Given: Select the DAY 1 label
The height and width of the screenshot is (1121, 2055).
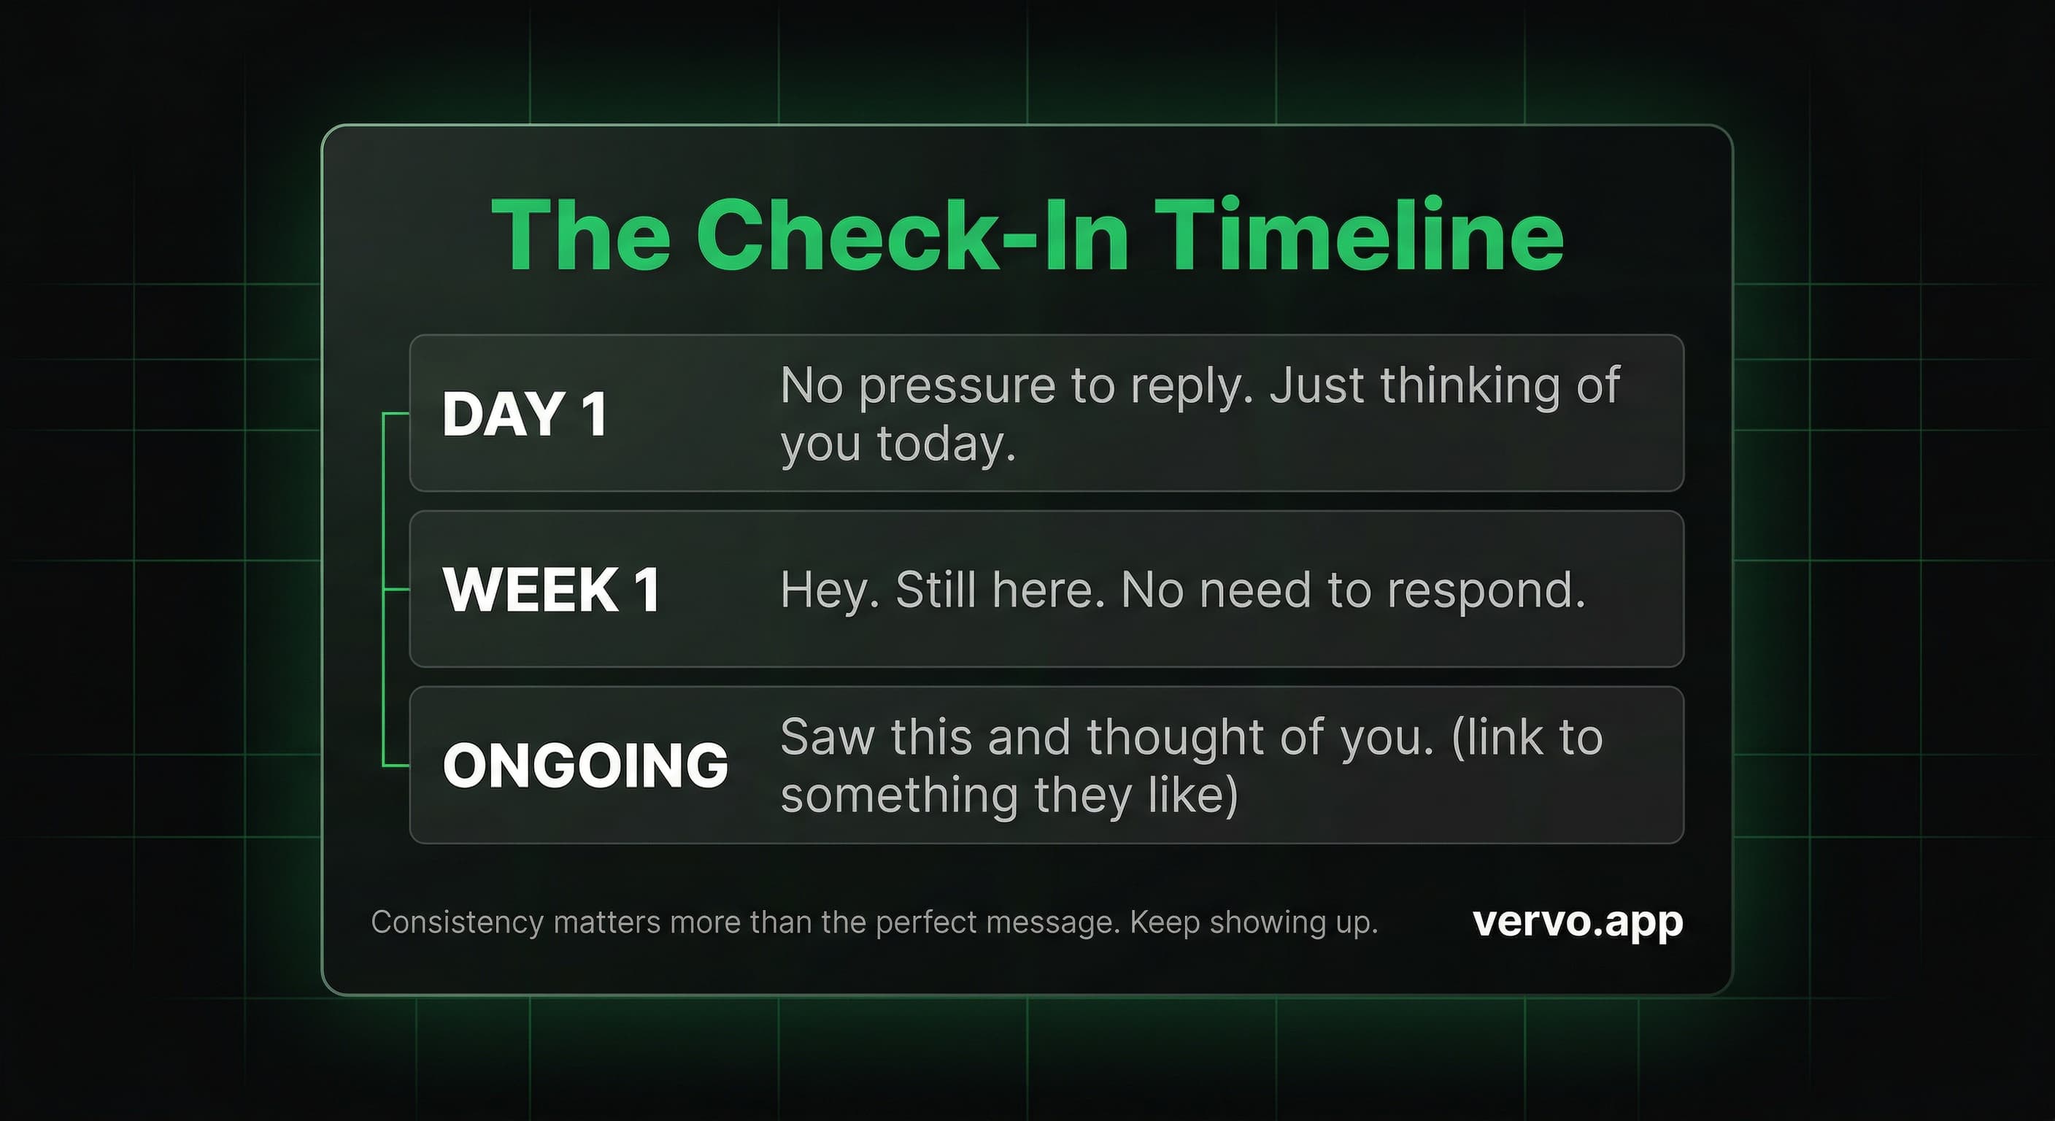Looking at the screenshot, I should [525, 414].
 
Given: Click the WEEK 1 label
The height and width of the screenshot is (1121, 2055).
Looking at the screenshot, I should [551, 590].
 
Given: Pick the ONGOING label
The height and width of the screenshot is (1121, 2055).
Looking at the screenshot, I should [585, 765].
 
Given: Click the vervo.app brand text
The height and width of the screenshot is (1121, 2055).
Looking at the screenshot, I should [1577, 923].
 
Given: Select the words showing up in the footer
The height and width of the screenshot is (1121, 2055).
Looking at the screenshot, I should [1292, 923].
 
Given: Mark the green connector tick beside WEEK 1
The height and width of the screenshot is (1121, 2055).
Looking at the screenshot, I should [396, 590].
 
